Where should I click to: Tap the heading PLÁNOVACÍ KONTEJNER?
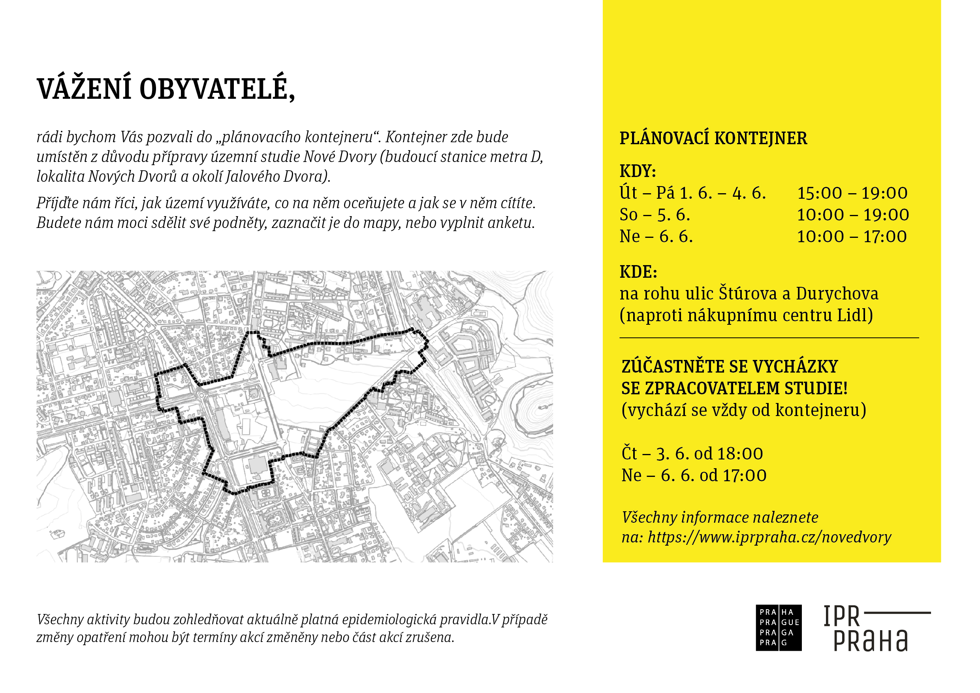713,138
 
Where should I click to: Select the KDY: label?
638,171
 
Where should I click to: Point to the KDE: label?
638,271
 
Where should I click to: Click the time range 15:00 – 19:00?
852,193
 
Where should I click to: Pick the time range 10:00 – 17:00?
852,237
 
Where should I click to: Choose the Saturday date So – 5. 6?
655,215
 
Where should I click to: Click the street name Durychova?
837,293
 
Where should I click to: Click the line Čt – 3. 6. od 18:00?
692,454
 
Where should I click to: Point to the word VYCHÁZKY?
795,366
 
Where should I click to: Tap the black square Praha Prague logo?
779,627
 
